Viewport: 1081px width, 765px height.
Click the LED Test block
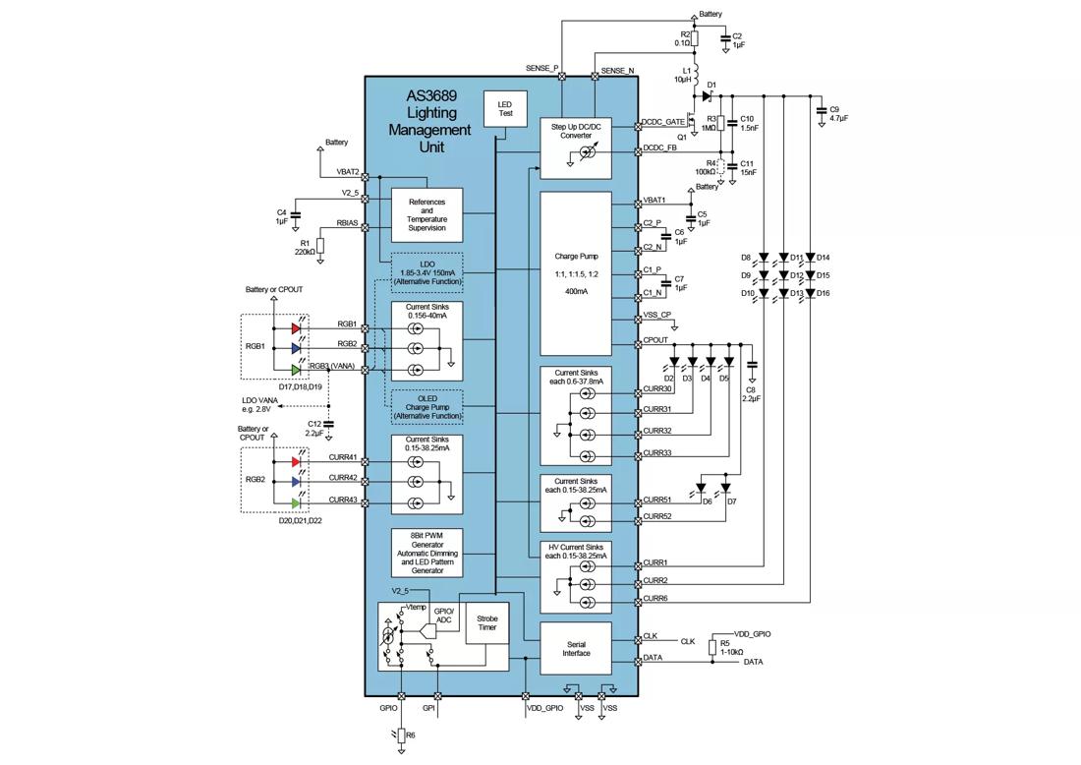(506, 107)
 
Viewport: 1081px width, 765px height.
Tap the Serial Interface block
(576, 647)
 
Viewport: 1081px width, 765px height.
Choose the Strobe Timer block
(487, 621)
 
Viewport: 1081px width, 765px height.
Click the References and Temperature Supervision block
(427, 214)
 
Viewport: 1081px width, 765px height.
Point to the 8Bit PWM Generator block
(427, 552)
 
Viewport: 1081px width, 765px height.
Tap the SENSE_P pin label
(541, 68)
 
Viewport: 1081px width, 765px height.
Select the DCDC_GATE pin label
(663, 122)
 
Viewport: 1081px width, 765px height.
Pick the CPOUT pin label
(655, 340)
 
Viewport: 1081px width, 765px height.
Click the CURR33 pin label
(657, 452)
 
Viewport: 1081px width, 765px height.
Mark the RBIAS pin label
(348, 223)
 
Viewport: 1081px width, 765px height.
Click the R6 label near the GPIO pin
(411, 735)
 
